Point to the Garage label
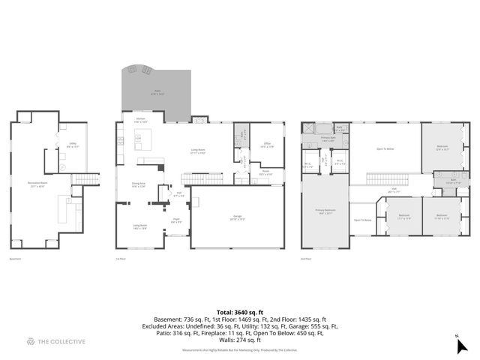click(x=237, y=218)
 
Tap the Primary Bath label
click(x=328, y=139)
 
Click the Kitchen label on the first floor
click(x=140, y=120)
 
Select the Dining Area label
click(x=139, y=184)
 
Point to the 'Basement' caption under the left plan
click(x=14, y=259)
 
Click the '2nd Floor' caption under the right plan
click(x=306, y=259)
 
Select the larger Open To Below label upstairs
click(x=385, y=148)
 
